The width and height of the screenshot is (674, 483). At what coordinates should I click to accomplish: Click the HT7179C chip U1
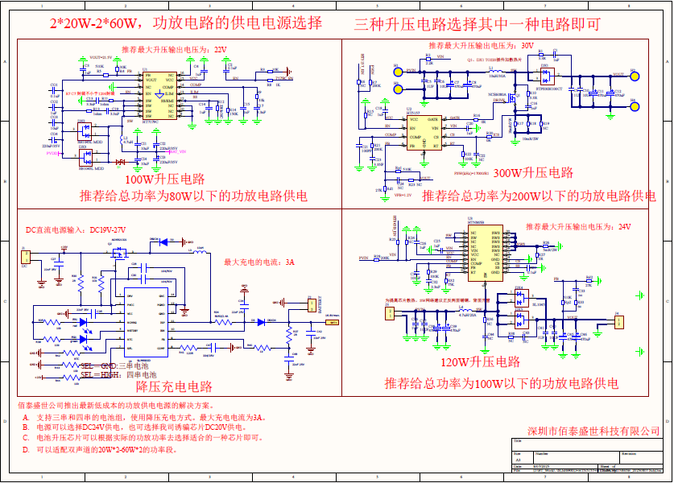tap(159, 96)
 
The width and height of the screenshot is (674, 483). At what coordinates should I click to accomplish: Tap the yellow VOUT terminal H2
tap(635, 76)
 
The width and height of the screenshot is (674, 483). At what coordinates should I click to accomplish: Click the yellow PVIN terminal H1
tap(396, 72)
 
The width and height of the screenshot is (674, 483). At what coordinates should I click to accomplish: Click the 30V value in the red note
tap(527, 46)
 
